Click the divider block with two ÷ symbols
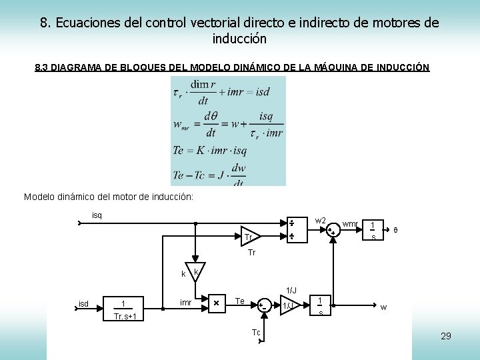pyautogui.click(x=292, y=229)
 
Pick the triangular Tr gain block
pyautogui.click(x=251, y=237)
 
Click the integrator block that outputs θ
pyautogui.click(x=373, y=229)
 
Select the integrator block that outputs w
pyautogui.click(x=321, y=305)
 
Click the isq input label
pyautogui.click(x=97, y=215)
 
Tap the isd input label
pyautogui.click(x=83, y=305)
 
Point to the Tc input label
pyautogui.click(x=256, y=333)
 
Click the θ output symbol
pyautogui.click(x=395, y=230)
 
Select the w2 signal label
pyautogui.click(x=320, y=221)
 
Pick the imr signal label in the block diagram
pyautogui.click(x=186, y=304)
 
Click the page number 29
pyautogui.click(x=445, y=336)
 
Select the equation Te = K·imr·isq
pyautogui.click(x=218, y=150)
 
